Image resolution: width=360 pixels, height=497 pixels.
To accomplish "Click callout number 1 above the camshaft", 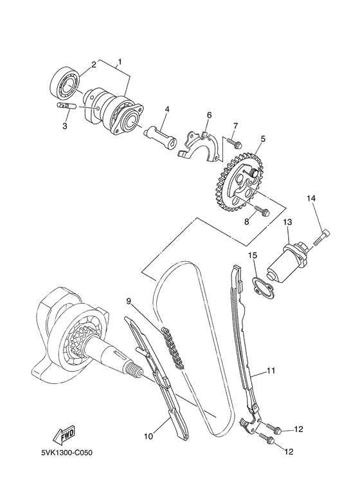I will (x=118, y=63).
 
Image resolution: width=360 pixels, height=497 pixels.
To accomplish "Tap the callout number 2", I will (x=93, y=64).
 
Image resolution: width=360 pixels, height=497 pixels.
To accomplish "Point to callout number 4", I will (x=166, y=109).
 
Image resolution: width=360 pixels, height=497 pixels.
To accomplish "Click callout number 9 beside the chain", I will (x=129, y=301).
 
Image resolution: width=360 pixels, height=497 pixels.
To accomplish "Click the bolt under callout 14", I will (x=323, y=238).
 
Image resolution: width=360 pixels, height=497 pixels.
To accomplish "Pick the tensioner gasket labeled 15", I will (x=260, y=285).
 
